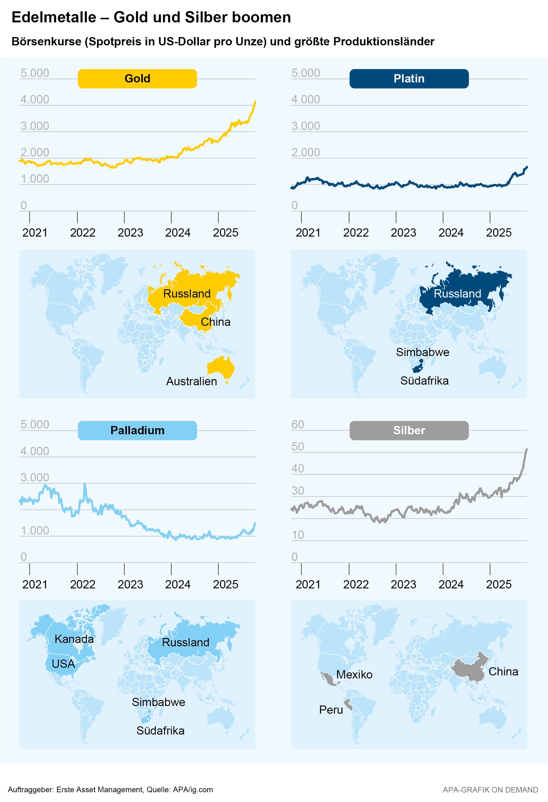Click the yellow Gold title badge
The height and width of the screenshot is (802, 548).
click(137, 79)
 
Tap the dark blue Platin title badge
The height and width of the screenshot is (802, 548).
click(409, 79)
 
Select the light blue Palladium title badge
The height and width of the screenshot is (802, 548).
click(137, 430)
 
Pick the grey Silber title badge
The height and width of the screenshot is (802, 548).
click(409, 430)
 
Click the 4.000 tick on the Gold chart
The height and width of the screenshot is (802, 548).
click(35, 99)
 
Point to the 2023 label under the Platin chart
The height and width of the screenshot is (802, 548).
click(403, 233)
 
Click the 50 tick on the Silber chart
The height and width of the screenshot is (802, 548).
click(298, 447)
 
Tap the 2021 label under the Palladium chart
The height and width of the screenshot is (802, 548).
click(35, 584)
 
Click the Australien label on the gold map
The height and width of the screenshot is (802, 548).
click(192, 381)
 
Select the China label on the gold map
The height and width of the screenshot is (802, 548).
click(215, 322)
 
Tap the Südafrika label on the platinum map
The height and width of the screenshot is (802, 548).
click(424, 381)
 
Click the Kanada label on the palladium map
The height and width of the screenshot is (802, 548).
click(74, 639)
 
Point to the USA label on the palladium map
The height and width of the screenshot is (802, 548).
click(63, 663)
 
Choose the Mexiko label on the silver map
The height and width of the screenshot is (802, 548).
click(354, 675)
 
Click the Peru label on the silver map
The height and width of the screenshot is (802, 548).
click(331, 710)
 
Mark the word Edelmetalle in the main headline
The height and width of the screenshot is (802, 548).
click(54, 17)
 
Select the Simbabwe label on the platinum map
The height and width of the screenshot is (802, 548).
click(422, 352)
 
